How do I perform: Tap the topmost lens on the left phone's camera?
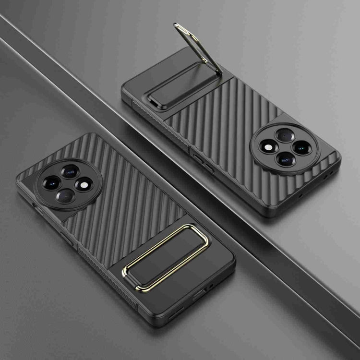coord(71,171)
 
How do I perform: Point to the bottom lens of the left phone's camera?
coord(64,194)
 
